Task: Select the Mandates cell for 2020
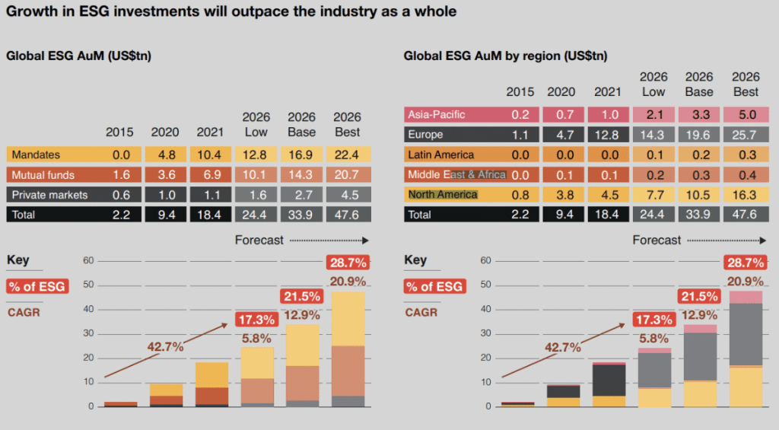165,155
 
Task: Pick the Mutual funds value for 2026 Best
348,175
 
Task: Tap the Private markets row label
50,195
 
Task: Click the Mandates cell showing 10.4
211,155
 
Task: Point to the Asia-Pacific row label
437,115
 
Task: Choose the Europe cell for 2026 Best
746,135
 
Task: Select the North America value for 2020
563,195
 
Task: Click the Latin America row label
441,154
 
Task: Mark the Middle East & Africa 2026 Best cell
746,174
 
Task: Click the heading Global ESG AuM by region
505,56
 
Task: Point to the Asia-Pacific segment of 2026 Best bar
746,298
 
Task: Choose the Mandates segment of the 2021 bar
211,374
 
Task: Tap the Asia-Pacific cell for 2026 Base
699,115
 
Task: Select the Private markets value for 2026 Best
348,195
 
